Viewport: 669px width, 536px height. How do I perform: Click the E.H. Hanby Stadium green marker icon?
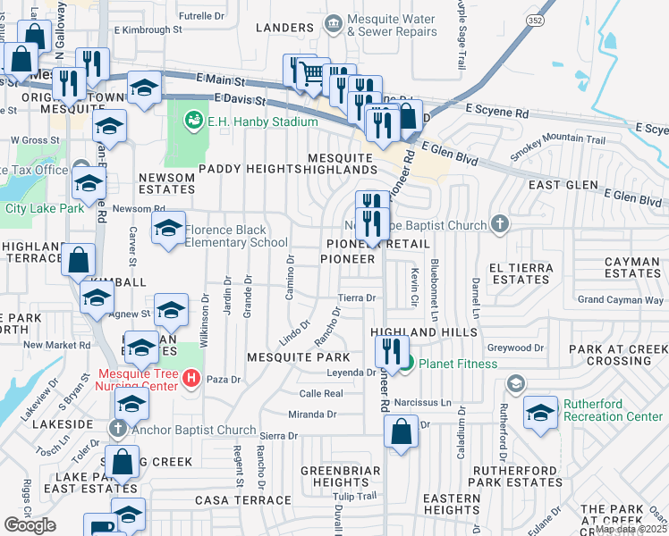coord(192,120)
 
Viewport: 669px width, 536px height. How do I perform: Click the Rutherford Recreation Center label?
coord(613,410)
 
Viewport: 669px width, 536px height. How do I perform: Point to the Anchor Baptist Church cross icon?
coord(118,428)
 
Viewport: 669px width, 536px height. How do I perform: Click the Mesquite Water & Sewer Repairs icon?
coord(334,22)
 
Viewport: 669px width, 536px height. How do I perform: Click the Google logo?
coord(30,524)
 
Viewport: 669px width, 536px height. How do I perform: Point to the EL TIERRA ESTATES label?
coord(520,272)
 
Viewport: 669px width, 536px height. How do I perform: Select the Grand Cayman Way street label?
coord(621,300)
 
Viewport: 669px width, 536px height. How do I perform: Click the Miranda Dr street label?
coord(311,415)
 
